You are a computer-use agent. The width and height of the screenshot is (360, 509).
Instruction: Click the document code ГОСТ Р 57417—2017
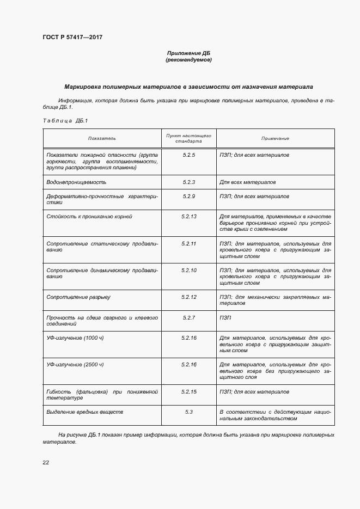[x=72, y=38]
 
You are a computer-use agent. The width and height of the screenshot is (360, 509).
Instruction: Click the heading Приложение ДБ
[x=188, y=53]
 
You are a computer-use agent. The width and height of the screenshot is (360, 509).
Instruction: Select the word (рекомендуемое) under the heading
[x=188, y=60]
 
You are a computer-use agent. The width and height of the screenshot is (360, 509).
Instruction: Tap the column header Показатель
[x=102, y=138]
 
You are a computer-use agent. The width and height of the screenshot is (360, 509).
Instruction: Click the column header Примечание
[x=275, y=138]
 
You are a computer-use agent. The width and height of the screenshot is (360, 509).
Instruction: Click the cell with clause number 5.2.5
[x=189, y=155]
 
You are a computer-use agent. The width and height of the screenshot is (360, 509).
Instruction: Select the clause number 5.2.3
[x=189, y=182]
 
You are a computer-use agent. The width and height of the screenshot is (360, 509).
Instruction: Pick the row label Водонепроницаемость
[x=77, y=182]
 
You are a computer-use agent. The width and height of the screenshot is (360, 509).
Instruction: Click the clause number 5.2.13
[x=189, y=216]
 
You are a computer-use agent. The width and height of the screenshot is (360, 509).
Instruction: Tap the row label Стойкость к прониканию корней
[x=89, y=216]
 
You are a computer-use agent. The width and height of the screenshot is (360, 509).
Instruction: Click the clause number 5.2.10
[x=189, y=270]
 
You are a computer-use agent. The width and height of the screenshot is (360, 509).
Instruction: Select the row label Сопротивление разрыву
[x=78, y=297]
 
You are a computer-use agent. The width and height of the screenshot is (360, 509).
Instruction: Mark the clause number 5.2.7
[x=189, y=317]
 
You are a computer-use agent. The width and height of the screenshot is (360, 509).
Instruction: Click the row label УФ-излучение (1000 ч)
[x=75, y=338]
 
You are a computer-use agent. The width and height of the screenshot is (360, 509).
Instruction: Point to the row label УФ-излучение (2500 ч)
[x=75, y=364]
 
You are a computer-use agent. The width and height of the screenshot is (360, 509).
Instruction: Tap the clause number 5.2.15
[x=189, y=391]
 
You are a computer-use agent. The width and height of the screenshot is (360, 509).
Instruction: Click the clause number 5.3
[x=189, y=412]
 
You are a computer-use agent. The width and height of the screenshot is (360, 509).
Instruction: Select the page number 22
[x=46, y=462]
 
